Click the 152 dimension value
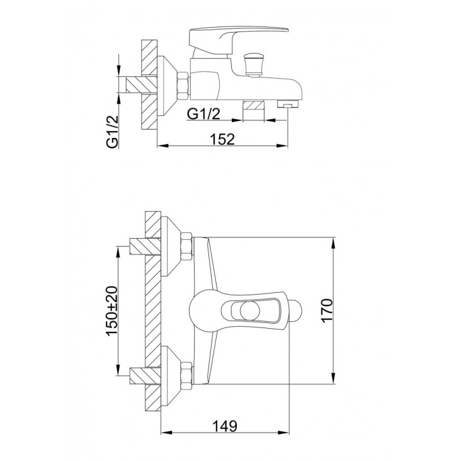click(222, 139)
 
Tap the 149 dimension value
click(225, 426)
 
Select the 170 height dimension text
click(327, 310)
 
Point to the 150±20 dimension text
click(111, 310)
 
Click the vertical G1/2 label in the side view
click(112, 132)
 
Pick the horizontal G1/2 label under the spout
click(204, 113)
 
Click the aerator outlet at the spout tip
click(288, 103)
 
